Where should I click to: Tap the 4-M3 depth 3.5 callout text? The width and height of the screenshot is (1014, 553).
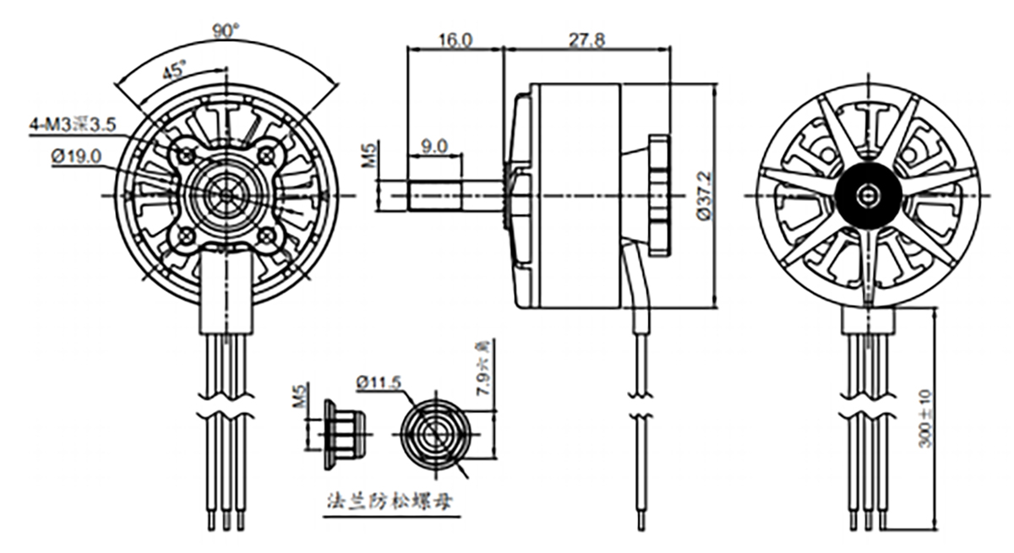point(73,126)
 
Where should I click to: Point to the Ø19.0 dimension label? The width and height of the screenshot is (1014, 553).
point(76,155)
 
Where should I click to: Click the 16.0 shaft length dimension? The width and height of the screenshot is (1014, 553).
point(455,40)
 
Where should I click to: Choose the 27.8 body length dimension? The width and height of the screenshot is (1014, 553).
point(586,40)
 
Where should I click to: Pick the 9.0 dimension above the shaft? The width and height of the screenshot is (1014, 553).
point(435,145)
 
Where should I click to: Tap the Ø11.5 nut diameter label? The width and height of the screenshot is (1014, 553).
point(379,382)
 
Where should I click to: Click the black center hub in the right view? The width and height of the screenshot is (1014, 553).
point(864,195)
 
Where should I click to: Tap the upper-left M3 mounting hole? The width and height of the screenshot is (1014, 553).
point(186,155)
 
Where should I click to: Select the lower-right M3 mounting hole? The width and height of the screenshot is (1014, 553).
point(267,235)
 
